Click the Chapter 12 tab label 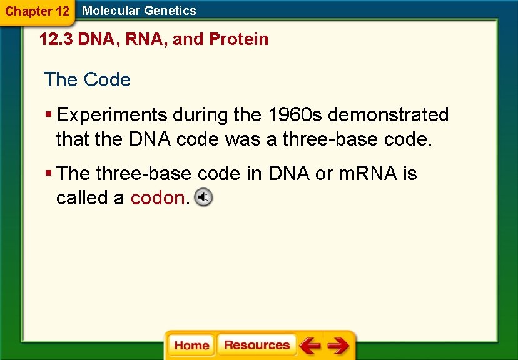(x=36, y=11)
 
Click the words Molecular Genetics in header (x=139, y=11)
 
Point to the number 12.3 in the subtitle (x=56, y=39)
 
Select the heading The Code (x=87, y=80)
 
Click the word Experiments (x=113, y=115)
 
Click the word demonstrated (x=388, y=115)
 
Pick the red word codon (x=158, y=198)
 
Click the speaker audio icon (x=203, y=197)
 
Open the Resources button (x=256, y=345)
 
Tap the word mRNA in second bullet (x=368, y=173)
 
